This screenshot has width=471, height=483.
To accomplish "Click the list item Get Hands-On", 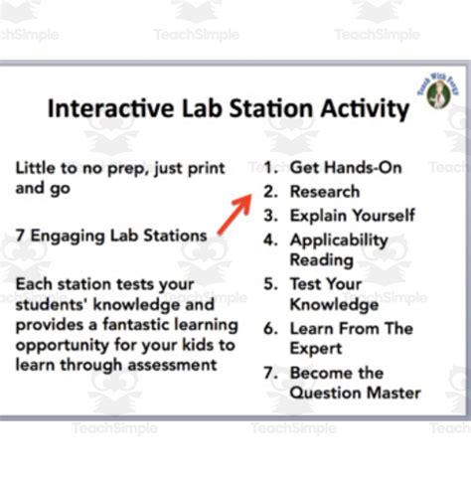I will tap(332, 167).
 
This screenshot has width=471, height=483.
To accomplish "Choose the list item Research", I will tap(324, 191).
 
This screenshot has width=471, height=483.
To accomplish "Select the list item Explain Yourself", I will tap(352, 215).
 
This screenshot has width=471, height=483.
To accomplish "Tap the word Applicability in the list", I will tap(338, 240).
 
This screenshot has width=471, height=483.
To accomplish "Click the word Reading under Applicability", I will tap(321, 259).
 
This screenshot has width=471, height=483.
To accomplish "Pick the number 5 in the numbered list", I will tap(270, 283).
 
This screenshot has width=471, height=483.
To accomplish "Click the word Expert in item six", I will tap(316, 348).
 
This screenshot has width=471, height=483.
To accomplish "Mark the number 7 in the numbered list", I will tap(270, 373).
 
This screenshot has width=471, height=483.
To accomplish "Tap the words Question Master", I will tap(355, 393).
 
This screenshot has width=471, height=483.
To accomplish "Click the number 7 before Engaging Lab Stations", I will tap(21, 236).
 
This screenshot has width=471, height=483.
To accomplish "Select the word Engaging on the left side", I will tap(70, 236).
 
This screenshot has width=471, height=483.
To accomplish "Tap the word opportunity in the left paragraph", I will tap(60, 345).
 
